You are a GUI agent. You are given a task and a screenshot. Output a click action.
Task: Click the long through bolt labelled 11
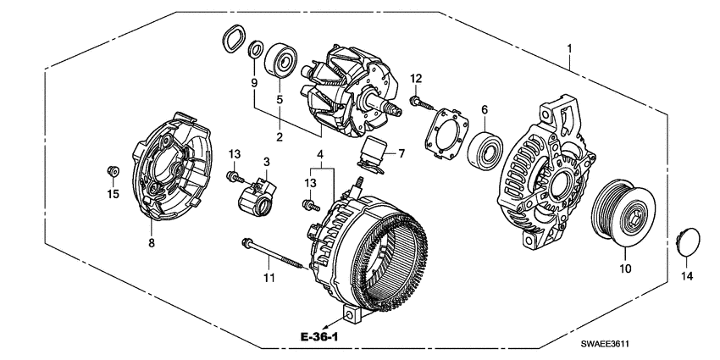(273, 252)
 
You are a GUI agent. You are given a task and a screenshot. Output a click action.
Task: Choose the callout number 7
(402, 153)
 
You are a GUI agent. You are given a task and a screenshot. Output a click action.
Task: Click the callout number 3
(265, 161)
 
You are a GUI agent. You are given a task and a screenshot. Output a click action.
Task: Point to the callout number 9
(252, 83)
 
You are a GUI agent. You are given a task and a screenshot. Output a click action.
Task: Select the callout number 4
(320, 153)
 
